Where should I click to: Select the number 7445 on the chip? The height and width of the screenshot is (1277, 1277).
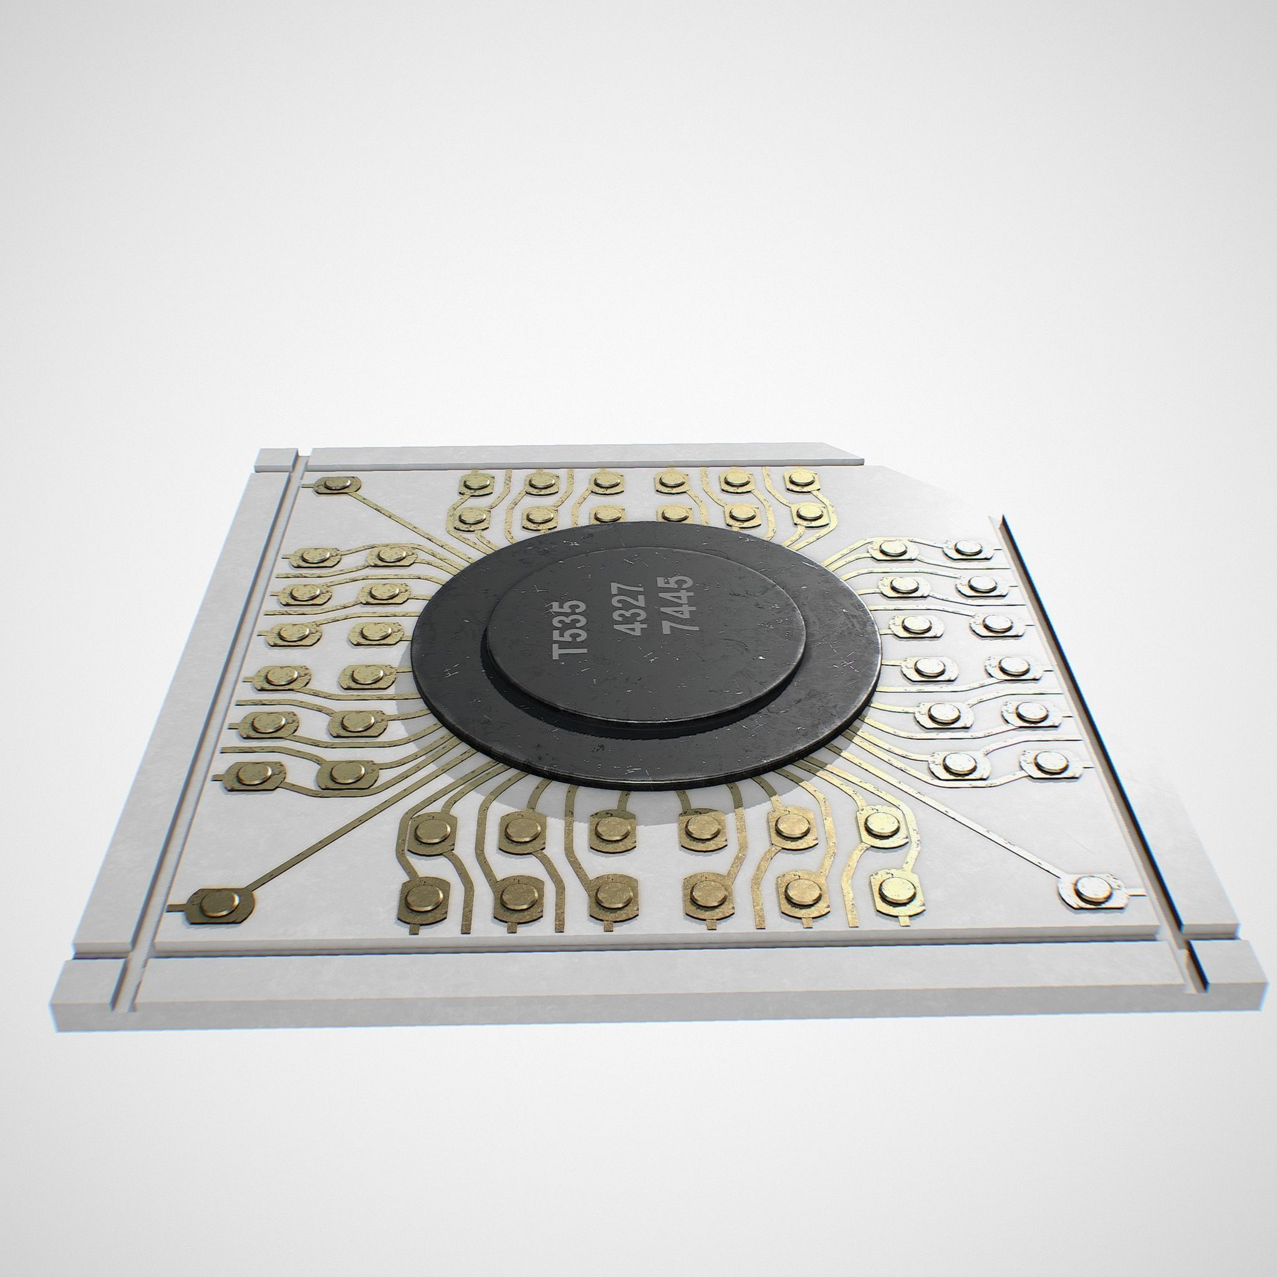pyautogui.click(x=681, y=603)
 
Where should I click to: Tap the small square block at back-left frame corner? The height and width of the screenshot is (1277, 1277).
pyautogui.click(x=274, y=459)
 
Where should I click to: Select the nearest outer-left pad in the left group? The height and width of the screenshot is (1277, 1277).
pyautogui.click(x=254, y=773)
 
